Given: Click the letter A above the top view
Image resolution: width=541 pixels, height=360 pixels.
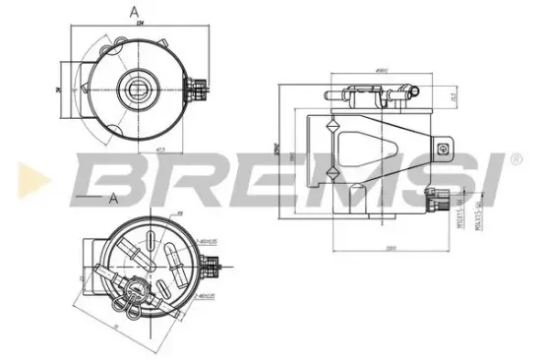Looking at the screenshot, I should (132, 13).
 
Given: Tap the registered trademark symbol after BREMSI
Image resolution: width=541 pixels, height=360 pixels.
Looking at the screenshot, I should (515, 157).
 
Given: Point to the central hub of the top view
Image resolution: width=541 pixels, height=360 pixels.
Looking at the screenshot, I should (132, 87).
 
